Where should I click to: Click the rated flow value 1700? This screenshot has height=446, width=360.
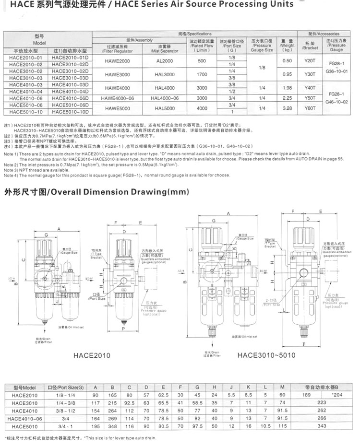(202, 74)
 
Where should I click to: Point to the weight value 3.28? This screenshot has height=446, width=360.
(287, 108)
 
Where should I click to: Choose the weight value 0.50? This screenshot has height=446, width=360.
(287, 61)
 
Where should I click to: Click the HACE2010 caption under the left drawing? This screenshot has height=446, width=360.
(92, 355)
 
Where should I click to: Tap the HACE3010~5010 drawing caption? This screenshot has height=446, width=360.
(266, 355)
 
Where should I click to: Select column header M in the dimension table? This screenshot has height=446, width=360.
(282, 387)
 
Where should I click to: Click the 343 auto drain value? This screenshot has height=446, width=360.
(321, 426)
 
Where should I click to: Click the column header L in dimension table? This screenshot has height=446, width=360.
(265, 387)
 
